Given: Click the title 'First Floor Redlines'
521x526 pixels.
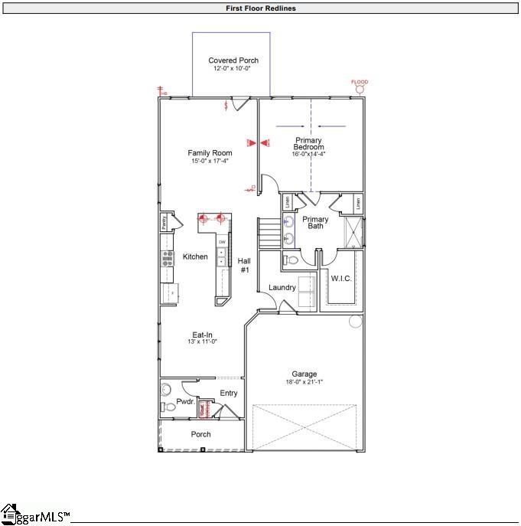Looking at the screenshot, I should (x=260, y=8).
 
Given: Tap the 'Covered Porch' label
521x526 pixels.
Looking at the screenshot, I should (x=233, y=60).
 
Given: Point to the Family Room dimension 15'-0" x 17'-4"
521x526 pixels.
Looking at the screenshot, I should (x=210, y=161).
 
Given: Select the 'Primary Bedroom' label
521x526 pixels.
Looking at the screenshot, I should (x=309, y=144).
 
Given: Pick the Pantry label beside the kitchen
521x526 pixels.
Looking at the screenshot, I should (x=164, y=222).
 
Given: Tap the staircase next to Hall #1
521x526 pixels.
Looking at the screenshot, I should (x=268, y=233).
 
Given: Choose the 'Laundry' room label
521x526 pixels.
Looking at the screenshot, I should (x=282, y=287).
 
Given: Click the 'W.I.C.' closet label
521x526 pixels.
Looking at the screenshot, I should (x=341, y=278).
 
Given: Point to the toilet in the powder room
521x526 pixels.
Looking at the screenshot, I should (x=170, y=407).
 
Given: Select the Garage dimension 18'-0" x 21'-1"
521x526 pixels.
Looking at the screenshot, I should (x=304, y=381).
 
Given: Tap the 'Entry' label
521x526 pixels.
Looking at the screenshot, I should (x=229, y=393).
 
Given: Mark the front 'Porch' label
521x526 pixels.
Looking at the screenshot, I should (x=201, y=434).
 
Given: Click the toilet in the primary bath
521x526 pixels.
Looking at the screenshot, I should (x=289, y=260).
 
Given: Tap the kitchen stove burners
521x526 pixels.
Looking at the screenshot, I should (x=168, y=258).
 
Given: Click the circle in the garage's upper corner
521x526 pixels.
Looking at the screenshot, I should (x=355, y=322).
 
